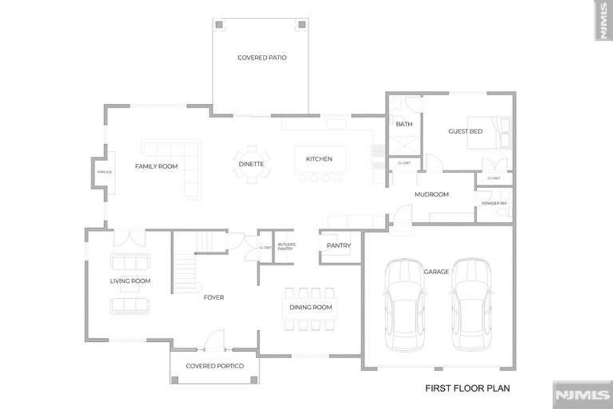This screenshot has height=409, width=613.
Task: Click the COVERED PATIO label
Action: (x=262, y=58)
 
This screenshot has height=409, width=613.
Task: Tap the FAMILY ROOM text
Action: (x=156, y=166)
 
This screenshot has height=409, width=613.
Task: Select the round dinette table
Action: (x=248, y=162)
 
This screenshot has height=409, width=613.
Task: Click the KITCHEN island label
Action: (x=318, y=159)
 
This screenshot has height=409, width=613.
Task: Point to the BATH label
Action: (x=404, y=125)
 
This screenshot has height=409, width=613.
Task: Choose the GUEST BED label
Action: (x=465, y=131)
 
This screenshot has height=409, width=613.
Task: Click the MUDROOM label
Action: (x=432, y=195)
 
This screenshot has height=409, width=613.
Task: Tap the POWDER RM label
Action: (x=494, y=204)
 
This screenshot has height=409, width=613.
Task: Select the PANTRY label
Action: (x=338, y=246)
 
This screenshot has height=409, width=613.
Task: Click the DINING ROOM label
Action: (x=310, y=308)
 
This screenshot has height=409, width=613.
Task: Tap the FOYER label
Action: (x=214, y=298)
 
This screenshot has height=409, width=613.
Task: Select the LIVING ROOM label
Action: (x=130, y=281)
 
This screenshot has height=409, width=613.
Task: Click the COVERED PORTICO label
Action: (x=214, y=366)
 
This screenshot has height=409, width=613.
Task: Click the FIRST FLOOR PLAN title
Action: (x=468, y=388)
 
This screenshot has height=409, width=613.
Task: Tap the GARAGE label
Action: (x=436, y=272)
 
